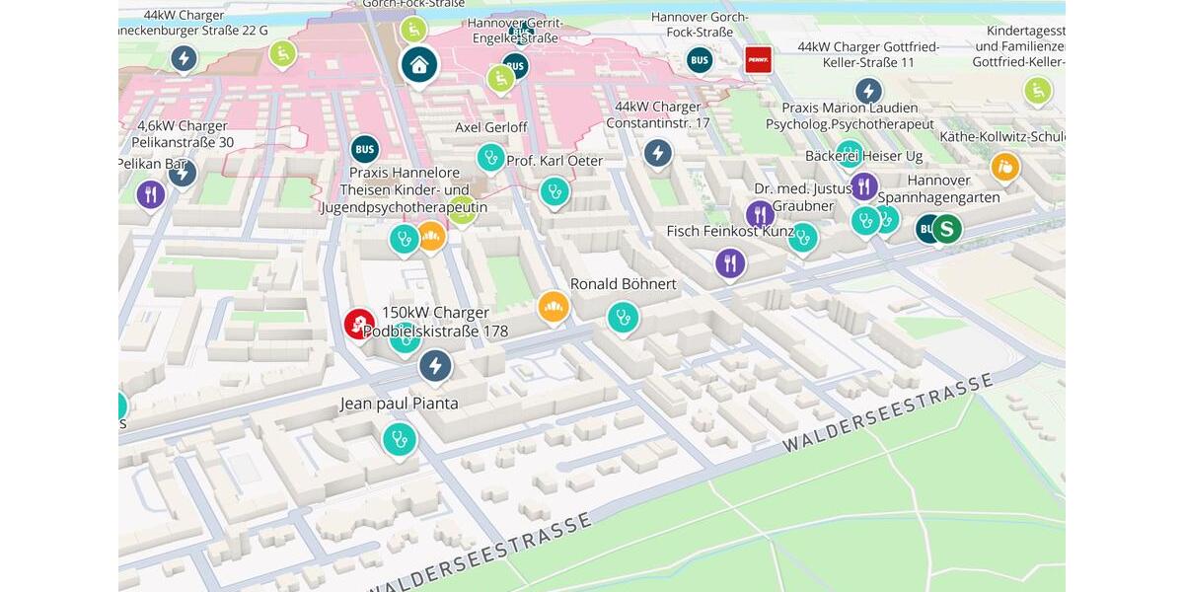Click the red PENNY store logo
tap(758, 60)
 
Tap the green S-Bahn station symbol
tap(947, 229)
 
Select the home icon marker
tap(419, 65)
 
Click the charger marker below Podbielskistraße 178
tap(435, 366)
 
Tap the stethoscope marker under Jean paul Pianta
tap(400, 439)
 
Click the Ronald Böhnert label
tap(624, 284)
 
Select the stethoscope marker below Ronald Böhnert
tap(623, 318)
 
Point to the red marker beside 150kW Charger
tap(359, 323)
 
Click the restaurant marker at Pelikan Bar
tap(151, 194)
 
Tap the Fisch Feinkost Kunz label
tap(730, 231)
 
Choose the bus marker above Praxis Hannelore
tap(365, 150)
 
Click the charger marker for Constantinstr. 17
tap(658, 153)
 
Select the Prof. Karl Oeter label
tap(554, 161)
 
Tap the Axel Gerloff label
tap(490, 127)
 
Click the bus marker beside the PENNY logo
tap(700, 60)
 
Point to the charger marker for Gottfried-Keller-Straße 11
tap(868, 92)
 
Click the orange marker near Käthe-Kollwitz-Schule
tap(1004, 167)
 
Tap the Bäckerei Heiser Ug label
tap(863, 156)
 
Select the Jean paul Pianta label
tap(399, 404)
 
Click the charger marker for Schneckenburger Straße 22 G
tap(183, 58)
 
